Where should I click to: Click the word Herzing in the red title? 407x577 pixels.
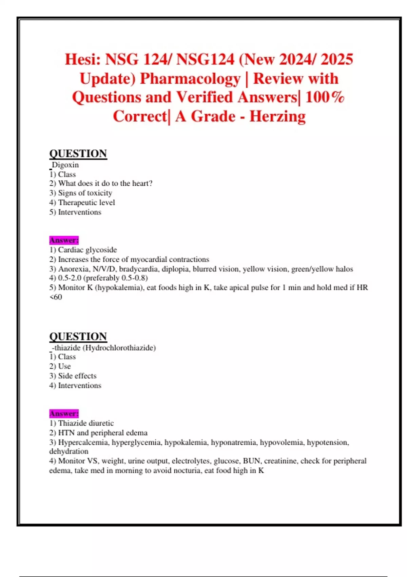(277, 116)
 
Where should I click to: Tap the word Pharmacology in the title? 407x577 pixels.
(190, 79)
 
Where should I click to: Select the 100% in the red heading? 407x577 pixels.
(325, 97)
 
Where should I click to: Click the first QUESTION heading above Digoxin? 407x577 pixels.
(78, 154)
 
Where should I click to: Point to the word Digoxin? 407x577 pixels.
(65, 165)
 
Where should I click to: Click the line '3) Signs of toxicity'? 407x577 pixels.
(81, 193)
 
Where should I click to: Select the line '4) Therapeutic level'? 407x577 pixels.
(82, 203)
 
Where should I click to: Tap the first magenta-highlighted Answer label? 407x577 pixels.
(64, 240)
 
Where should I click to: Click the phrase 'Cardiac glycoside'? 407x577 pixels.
(88, 250)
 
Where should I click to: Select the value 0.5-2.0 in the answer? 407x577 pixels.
(70, 278)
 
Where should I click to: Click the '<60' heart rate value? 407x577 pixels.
(56, 297)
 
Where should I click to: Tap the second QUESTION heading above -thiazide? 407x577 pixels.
(78, 336)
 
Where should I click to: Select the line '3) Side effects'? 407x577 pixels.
(73, 376)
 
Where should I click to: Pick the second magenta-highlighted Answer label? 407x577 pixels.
(64, 414)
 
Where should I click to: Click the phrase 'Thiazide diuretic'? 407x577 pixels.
(86, 423)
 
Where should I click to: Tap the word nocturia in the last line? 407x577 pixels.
(186, 471)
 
